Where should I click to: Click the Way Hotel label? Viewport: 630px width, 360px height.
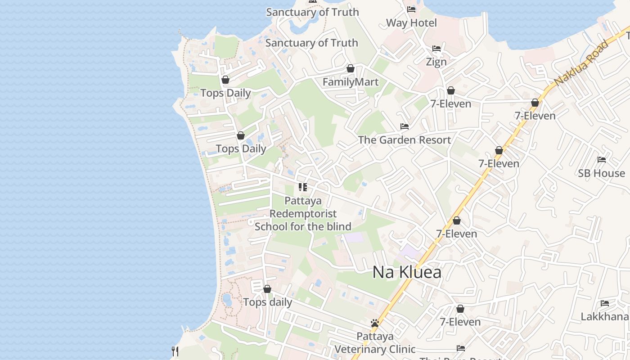pos(411,23)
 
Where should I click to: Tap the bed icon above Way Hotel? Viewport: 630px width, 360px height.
pos(411,9)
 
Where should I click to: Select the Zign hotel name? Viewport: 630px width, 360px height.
pos(436,62)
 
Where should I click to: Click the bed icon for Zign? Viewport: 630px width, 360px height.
pos(436,49)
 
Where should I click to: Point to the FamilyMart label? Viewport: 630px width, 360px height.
pos(351,82)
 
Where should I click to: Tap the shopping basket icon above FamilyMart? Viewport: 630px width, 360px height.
pos(351,69)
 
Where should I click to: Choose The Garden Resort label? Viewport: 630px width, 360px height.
pos(404,140)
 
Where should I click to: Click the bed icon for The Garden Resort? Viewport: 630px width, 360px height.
pos(404,126)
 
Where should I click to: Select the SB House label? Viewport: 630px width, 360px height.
pos(601,173)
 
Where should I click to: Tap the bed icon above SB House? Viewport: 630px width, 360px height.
pos(601,159)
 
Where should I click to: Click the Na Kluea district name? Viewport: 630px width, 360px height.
pos(407,273)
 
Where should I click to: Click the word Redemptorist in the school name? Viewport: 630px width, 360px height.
pos(303,213)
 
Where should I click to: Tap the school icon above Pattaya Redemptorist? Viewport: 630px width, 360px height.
pos(303,187)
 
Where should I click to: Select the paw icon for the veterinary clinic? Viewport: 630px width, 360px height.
pos(375,323)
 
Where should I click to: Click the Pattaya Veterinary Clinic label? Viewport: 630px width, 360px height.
pos(375,343)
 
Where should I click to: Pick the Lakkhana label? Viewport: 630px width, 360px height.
pos(604,317)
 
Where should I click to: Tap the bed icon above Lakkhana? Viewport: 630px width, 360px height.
pos(604,303)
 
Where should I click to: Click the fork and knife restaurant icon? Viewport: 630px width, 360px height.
pos(175,351)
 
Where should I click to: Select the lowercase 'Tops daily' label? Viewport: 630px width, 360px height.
pos(267,302)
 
